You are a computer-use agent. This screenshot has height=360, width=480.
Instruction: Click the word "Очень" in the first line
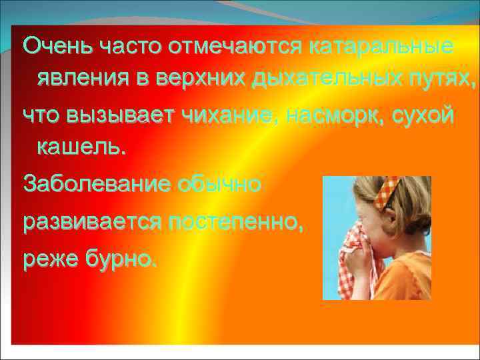point(58,47)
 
